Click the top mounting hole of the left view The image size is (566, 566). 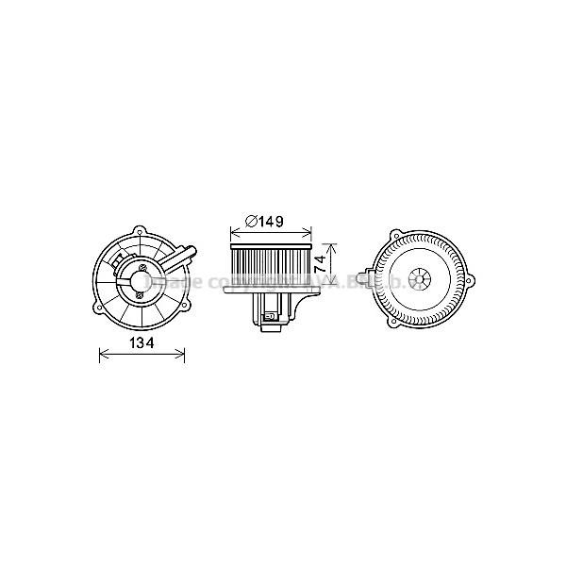(x=140, y=231)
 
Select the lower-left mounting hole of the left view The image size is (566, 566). (x=98, y=307)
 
